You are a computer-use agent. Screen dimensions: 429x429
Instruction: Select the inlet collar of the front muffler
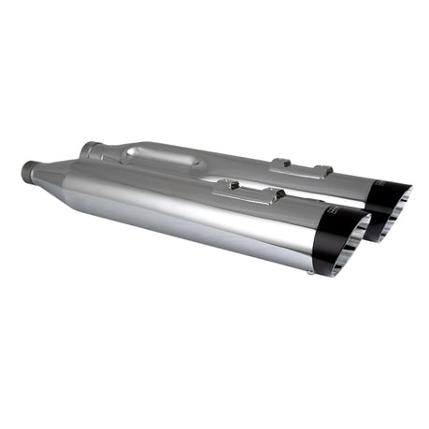(x=30, y=172)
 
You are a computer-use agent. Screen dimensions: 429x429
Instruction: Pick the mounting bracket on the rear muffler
(x=300, y=168)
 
